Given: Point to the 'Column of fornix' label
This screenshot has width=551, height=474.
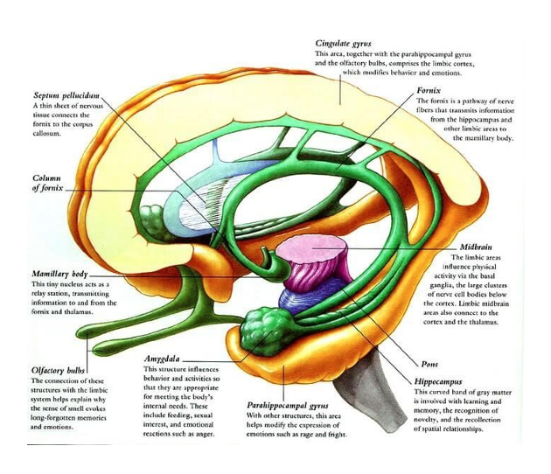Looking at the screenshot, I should coord(45,183).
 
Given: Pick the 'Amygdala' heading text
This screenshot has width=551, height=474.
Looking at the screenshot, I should coord(164,359).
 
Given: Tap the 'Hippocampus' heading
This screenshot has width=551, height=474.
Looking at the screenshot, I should coord(439,382).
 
